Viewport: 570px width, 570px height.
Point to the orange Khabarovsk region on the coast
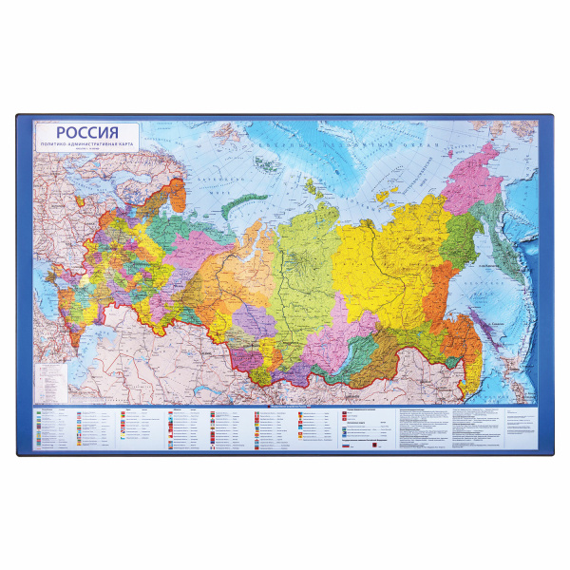click(446, 294)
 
